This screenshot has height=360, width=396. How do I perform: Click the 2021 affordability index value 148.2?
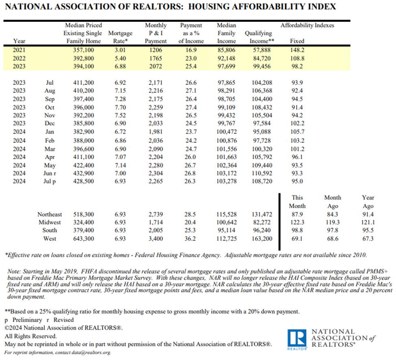click(x=297, y=50)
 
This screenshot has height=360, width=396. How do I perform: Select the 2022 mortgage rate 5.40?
click(x=120, y=58)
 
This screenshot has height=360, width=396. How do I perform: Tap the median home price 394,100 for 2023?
click(x=84, y=67)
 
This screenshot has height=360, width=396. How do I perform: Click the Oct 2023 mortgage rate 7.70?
click(x=120, y=107)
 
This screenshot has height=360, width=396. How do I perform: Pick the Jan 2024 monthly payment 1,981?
click(x=156, y=132)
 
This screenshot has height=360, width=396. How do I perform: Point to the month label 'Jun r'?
click(x=50, y=173)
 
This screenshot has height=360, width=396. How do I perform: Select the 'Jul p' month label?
click(x=50, y=181)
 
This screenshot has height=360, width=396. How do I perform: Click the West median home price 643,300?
click(x=84, y=239)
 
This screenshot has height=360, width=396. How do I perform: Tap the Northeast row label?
click(x=50, y=214)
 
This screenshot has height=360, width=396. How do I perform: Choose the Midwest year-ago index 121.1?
click(x=368, y=222)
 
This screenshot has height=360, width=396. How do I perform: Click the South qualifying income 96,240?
click(x=262, y=230)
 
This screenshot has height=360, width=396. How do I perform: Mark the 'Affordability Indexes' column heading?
click(x=307, y=25)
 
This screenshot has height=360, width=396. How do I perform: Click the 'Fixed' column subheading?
click(x=297, y=41)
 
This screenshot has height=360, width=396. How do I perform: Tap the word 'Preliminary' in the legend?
click(x=27, y=320)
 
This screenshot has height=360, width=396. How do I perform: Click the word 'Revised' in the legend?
click(x=63, y=320)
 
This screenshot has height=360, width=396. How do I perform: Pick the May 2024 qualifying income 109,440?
click(x=262, y=165)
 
